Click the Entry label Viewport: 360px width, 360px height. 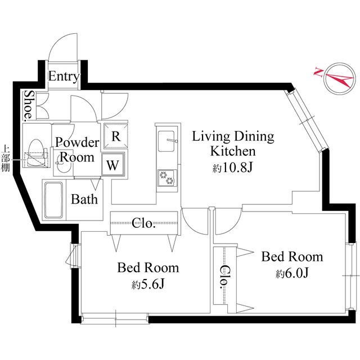(64, 76)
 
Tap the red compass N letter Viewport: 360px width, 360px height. (318, 72)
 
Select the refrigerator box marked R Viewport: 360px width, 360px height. (115, 136)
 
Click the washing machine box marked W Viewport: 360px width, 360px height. (113, 165)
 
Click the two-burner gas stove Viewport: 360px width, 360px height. (167, 178)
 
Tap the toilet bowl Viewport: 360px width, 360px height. (36, 152)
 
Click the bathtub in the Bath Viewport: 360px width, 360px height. (53, 200)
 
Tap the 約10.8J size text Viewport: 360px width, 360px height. (232, 168)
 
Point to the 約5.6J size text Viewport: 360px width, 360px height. (148, 285)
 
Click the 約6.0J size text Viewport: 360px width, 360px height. (292, 273)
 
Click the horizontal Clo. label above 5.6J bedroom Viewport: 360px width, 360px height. (144, 223)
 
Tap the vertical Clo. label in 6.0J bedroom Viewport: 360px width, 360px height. (224, 277)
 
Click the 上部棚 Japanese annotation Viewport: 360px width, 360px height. (6, 158)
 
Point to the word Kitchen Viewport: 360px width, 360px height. (233, 151)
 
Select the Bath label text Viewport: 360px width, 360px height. (84, 199)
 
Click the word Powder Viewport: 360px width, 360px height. (77, 143)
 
